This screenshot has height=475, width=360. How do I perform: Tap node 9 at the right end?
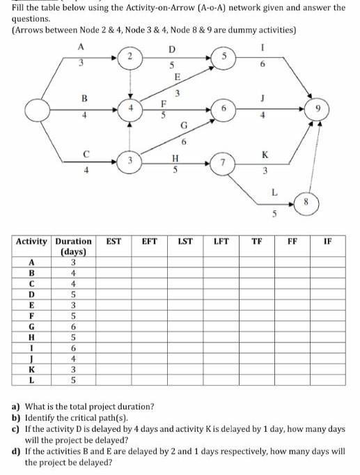click(x=317, y=110)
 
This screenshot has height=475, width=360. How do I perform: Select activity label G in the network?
click(x=183, y=125)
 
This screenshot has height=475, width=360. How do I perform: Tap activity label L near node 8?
click(x=274, y=191)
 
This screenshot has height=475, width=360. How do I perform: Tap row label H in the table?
click(x=31, y=337)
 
